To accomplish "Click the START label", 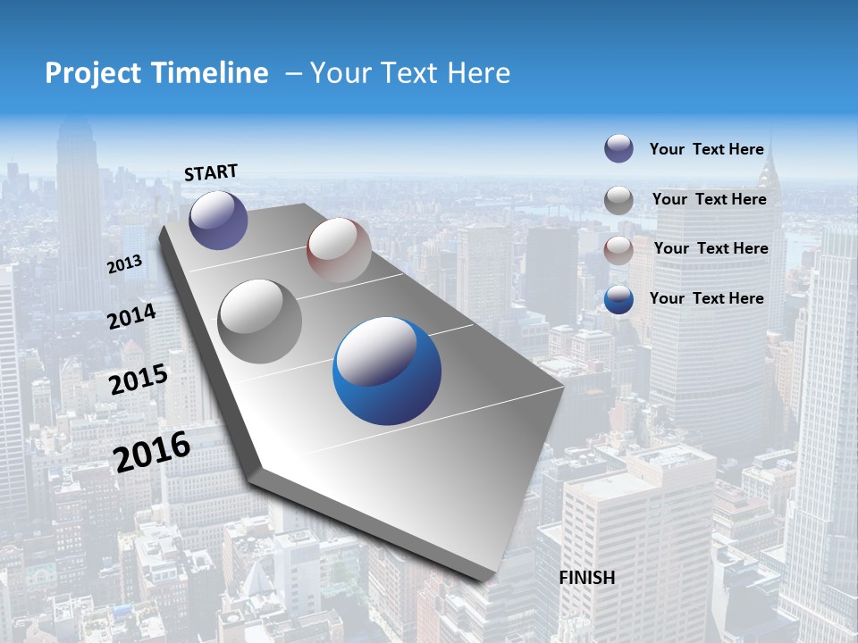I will [x=211, y=172].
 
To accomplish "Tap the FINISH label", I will [x=587, y=578].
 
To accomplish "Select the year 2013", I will [x=124, y=264].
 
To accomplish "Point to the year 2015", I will [x=139, y=380].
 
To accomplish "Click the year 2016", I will [x=152, y=451].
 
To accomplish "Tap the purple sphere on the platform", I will [x=218, y=220].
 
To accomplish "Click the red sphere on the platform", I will [x=339, y=250].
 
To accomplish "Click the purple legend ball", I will [x=618, y=148].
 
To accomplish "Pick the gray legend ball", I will [x=618, y=200].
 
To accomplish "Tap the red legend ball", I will [x=618, y=249].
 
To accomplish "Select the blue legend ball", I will [x=618, y=299].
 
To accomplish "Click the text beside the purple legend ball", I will [x=706, y=149].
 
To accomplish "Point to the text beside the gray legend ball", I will [x=709, y=199].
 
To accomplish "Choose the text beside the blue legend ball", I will [x=706, y=298].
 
